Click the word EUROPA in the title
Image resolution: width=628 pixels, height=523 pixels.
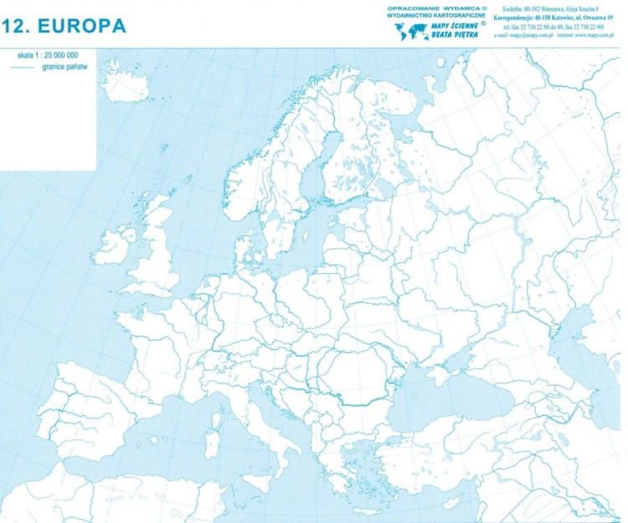click(x=81, y=26)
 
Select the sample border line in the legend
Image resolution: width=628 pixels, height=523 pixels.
click(x=23, y=65)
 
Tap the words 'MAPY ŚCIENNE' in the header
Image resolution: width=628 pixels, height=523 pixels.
click(x=453, y=26)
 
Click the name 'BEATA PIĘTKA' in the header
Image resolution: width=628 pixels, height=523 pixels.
click(x=453, y=37)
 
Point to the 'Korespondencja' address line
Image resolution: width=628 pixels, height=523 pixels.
click(x=555, y=18)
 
